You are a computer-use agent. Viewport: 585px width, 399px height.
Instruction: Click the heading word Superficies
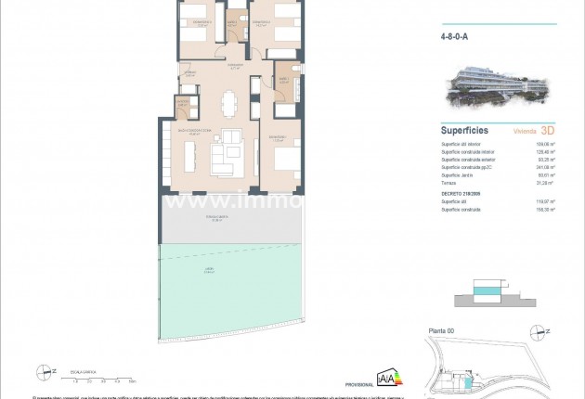[465, 131]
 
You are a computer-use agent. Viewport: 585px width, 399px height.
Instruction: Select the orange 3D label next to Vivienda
[547, 131]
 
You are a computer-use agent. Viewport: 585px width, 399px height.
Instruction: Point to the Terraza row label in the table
[448, 183]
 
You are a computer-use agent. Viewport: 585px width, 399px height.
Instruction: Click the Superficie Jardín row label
[458, 174]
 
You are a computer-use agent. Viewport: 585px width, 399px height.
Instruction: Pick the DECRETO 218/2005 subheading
[461, 192]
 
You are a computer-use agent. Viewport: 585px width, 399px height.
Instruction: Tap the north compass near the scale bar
[41, 372]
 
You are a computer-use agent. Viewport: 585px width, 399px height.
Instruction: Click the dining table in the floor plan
[229, 99]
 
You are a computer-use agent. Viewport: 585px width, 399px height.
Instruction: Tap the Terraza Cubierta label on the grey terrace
[218, 220]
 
